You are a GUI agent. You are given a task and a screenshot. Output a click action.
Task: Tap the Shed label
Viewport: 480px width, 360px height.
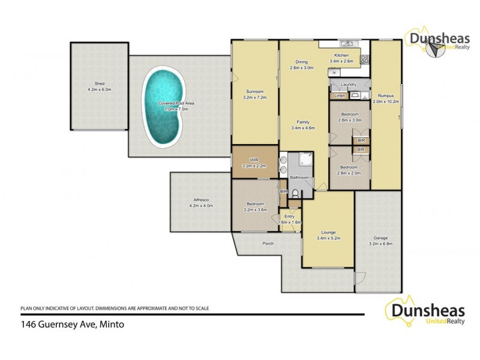click(x=100, y=84)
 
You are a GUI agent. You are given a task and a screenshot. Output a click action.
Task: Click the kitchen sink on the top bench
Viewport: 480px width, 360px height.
click(x=347, y=44)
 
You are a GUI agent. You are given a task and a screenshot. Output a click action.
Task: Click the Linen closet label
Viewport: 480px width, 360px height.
click(x=338, y=96)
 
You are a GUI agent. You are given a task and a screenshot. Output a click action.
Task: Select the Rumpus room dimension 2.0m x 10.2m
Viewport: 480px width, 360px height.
click(x=385, y=101)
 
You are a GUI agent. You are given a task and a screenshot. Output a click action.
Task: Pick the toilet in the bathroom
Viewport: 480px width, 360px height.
click(x=296, y=193)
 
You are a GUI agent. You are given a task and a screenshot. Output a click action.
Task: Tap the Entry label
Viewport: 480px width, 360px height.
click(x=289, y=216)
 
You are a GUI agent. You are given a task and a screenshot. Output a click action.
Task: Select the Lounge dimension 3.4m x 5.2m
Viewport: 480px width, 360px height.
click(x=328, y=238)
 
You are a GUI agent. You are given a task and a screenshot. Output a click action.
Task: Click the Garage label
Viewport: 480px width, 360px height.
click(x=377, y=238)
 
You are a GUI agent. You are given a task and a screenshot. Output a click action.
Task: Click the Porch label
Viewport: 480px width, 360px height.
click(x=268, y=244)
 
